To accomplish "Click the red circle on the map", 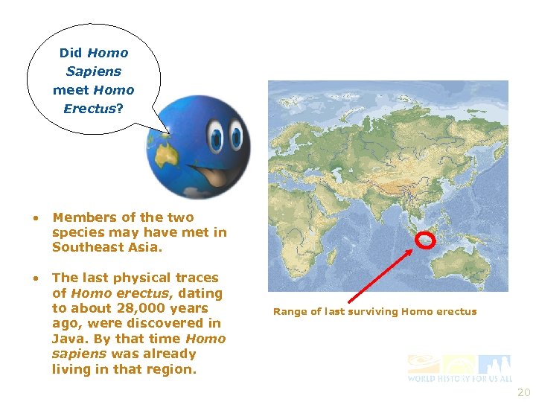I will click(x=425, y=240).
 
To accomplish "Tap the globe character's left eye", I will click(x=215, y=138).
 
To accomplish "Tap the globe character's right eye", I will click(x=237, y=138).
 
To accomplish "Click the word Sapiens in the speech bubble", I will click(x=93, y=71).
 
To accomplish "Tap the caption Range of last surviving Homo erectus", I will click(x=374, y=311).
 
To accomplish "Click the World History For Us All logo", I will click(x=459, y=368).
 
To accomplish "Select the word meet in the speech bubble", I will click(x=70, y=90).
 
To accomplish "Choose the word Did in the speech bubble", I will click(x=70, y=53).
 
